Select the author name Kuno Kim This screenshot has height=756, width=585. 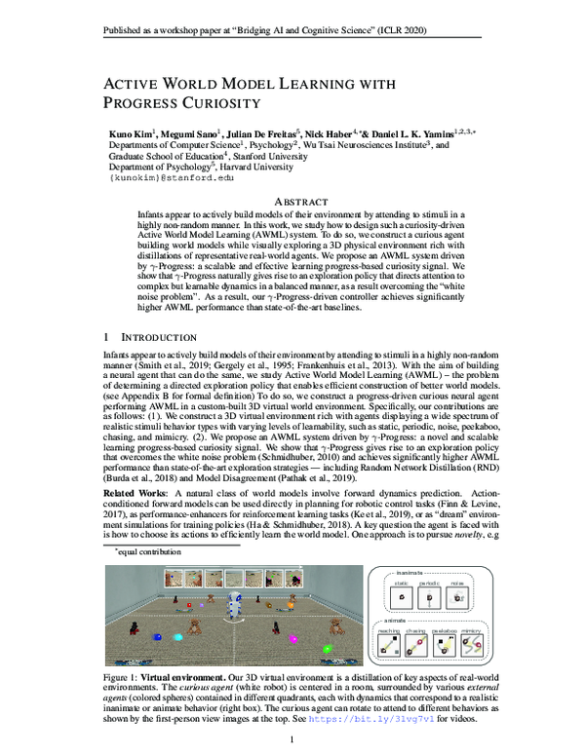point(131,132)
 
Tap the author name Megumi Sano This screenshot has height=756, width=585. point(185,132)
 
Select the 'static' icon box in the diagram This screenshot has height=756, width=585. point(398,593)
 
